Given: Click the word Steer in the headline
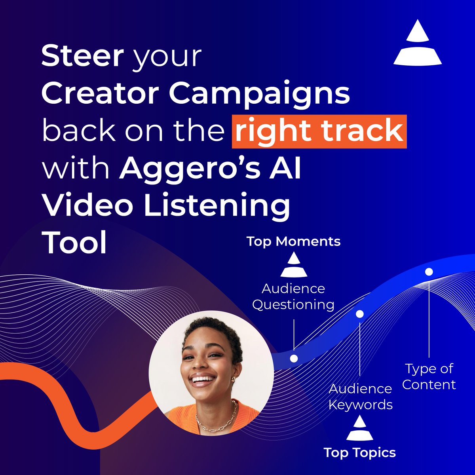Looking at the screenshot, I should [82, 56].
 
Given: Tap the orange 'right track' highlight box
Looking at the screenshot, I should [319, 131].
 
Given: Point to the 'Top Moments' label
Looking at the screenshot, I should [293, 241].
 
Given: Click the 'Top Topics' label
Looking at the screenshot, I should [359, 452].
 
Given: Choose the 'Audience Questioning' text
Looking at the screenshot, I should [293, 296].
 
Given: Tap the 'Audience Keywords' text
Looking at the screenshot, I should [360, 397].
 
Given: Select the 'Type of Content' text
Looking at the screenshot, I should [429, 376].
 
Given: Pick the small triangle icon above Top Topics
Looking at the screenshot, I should [359, 428].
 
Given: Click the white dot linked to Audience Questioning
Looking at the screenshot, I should [294, 359].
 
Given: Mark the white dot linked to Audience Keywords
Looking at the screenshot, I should [360, 314].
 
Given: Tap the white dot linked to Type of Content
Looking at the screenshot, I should [429, 272].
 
